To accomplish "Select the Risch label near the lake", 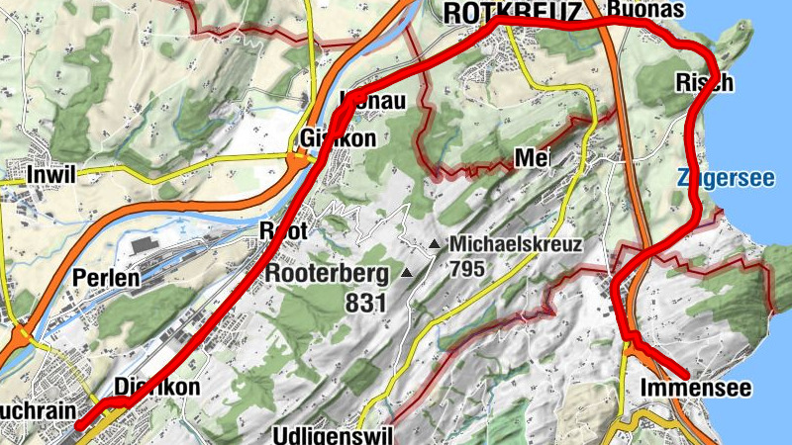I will point(704,82).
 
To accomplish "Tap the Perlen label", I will point(105,279).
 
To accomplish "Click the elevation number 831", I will point(365,305).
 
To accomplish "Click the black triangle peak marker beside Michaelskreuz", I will point(435,243).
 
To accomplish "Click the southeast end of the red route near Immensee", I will point(688,374).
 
